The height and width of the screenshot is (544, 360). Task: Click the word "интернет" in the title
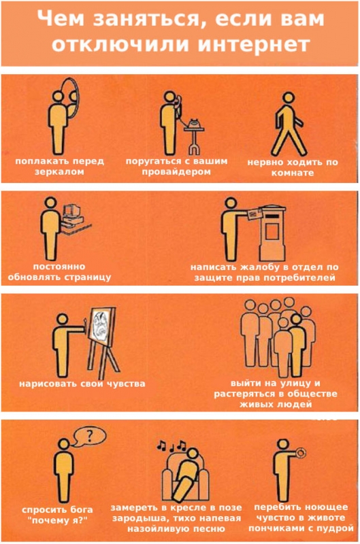pyautogui.click(x=254, y=45)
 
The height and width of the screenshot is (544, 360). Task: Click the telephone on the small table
pyautogui.click(x=193, y=123)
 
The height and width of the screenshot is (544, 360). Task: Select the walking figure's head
pyautogui.click(x=288, y=97)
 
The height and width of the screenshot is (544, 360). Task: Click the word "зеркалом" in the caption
pyautogui.click(x=59, y=172)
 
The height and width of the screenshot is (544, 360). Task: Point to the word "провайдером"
pyautogui.click(x=176, y=172)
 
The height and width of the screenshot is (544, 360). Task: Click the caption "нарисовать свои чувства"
pyautogui.click(x=82, y=384)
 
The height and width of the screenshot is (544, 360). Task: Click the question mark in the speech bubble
pyautogui.click(x=90, y=435)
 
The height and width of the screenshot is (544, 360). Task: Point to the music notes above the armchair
pyautogui.click(x=171, y=445)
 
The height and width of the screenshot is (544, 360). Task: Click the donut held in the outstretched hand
pyautogui.click(x=301, y=452)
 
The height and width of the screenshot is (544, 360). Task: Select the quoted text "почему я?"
pyautogui.click(x=57, y=520)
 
